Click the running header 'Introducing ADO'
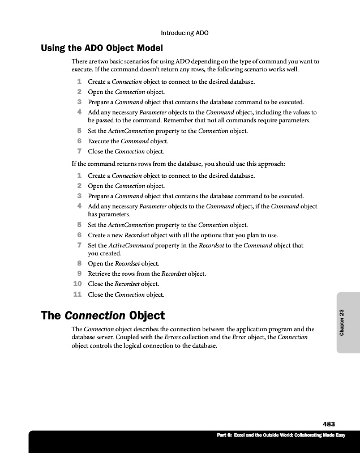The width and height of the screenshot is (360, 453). pyautogui.click(x=185, y=33)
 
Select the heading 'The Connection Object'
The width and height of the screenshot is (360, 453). pyautogui.click(x=102, y=315)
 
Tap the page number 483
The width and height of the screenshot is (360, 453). pyautogui.click(x=329, y=424)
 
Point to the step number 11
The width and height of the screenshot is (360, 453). pyautogui.click(x=78, y=294)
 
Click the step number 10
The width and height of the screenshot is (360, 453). pyautogui.click(x=78, y=284)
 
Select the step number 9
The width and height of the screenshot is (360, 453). pyautogui.click(x=80, y=274)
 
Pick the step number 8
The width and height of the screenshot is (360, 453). pyautogui.click(x=80, y=264)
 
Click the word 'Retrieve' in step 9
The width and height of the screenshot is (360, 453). pyautogui.click(x=100, y=274)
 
